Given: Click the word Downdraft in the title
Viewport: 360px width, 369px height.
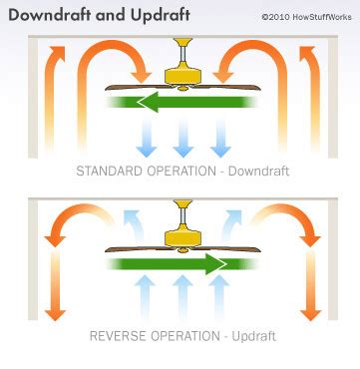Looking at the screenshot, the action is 42,16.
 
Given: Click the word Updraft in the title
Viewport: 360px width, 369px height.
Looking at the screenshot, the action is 131,16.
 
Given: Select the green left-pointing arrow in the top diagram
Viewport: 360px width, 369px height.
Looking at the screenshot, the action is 180,101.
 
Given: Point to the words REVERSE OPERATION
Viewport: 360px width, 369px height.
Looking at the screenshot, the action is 138,335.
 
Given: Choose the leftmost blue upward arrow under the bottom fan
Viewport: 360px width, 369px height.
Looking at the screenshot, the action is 145,298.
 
